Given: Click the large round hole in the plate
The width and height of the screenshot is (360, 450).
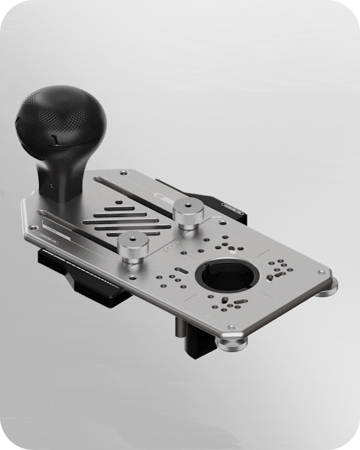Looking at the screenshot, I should tap(227, 276).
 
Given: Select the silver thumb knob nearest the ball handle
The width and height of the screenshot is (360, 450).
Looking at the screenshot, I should tap(132, 245).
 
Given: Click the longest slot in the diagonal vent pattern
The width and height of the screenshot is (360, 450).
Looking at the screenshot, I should tap(127, 221).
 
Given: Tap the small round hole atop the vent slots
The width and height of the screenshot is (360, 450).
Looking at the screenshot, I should tap(119, 202).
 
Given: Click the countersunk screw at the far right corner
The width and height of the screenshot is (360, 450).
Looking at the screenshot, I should tap(321, 272).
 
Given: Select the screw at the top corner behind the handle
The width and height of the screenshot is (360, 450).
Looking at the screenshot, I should tap(123, 172).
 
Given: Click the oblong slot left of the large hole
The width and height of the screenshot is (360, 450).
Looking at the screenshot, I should tap(181, 270).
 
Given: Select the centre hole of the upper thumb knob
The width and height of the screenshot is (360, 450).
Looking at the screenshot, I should tap(188, 205).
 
